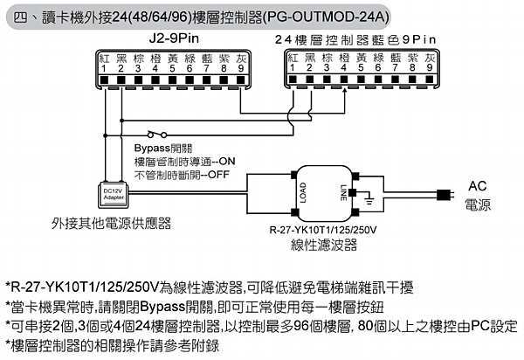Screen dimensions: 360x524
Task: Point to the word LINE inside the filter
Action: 341,190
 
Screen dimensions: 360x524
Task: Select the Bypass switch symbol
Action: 157,134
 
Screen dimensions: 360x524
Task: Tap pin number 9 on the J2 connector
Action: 240,68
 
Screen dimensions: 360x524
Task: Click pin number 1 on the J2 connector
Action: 103,68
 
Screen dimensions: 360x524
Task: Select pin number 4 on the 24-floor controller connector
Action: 343,67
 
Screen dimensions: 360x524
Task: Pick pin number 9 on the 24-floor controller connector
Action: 429,67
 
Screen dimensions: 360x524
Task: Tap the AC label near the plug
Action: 478,186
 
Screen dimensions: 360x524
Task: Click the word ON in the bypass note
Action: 226,162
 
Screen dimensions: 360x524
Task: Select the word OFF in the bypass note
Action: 217,175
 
